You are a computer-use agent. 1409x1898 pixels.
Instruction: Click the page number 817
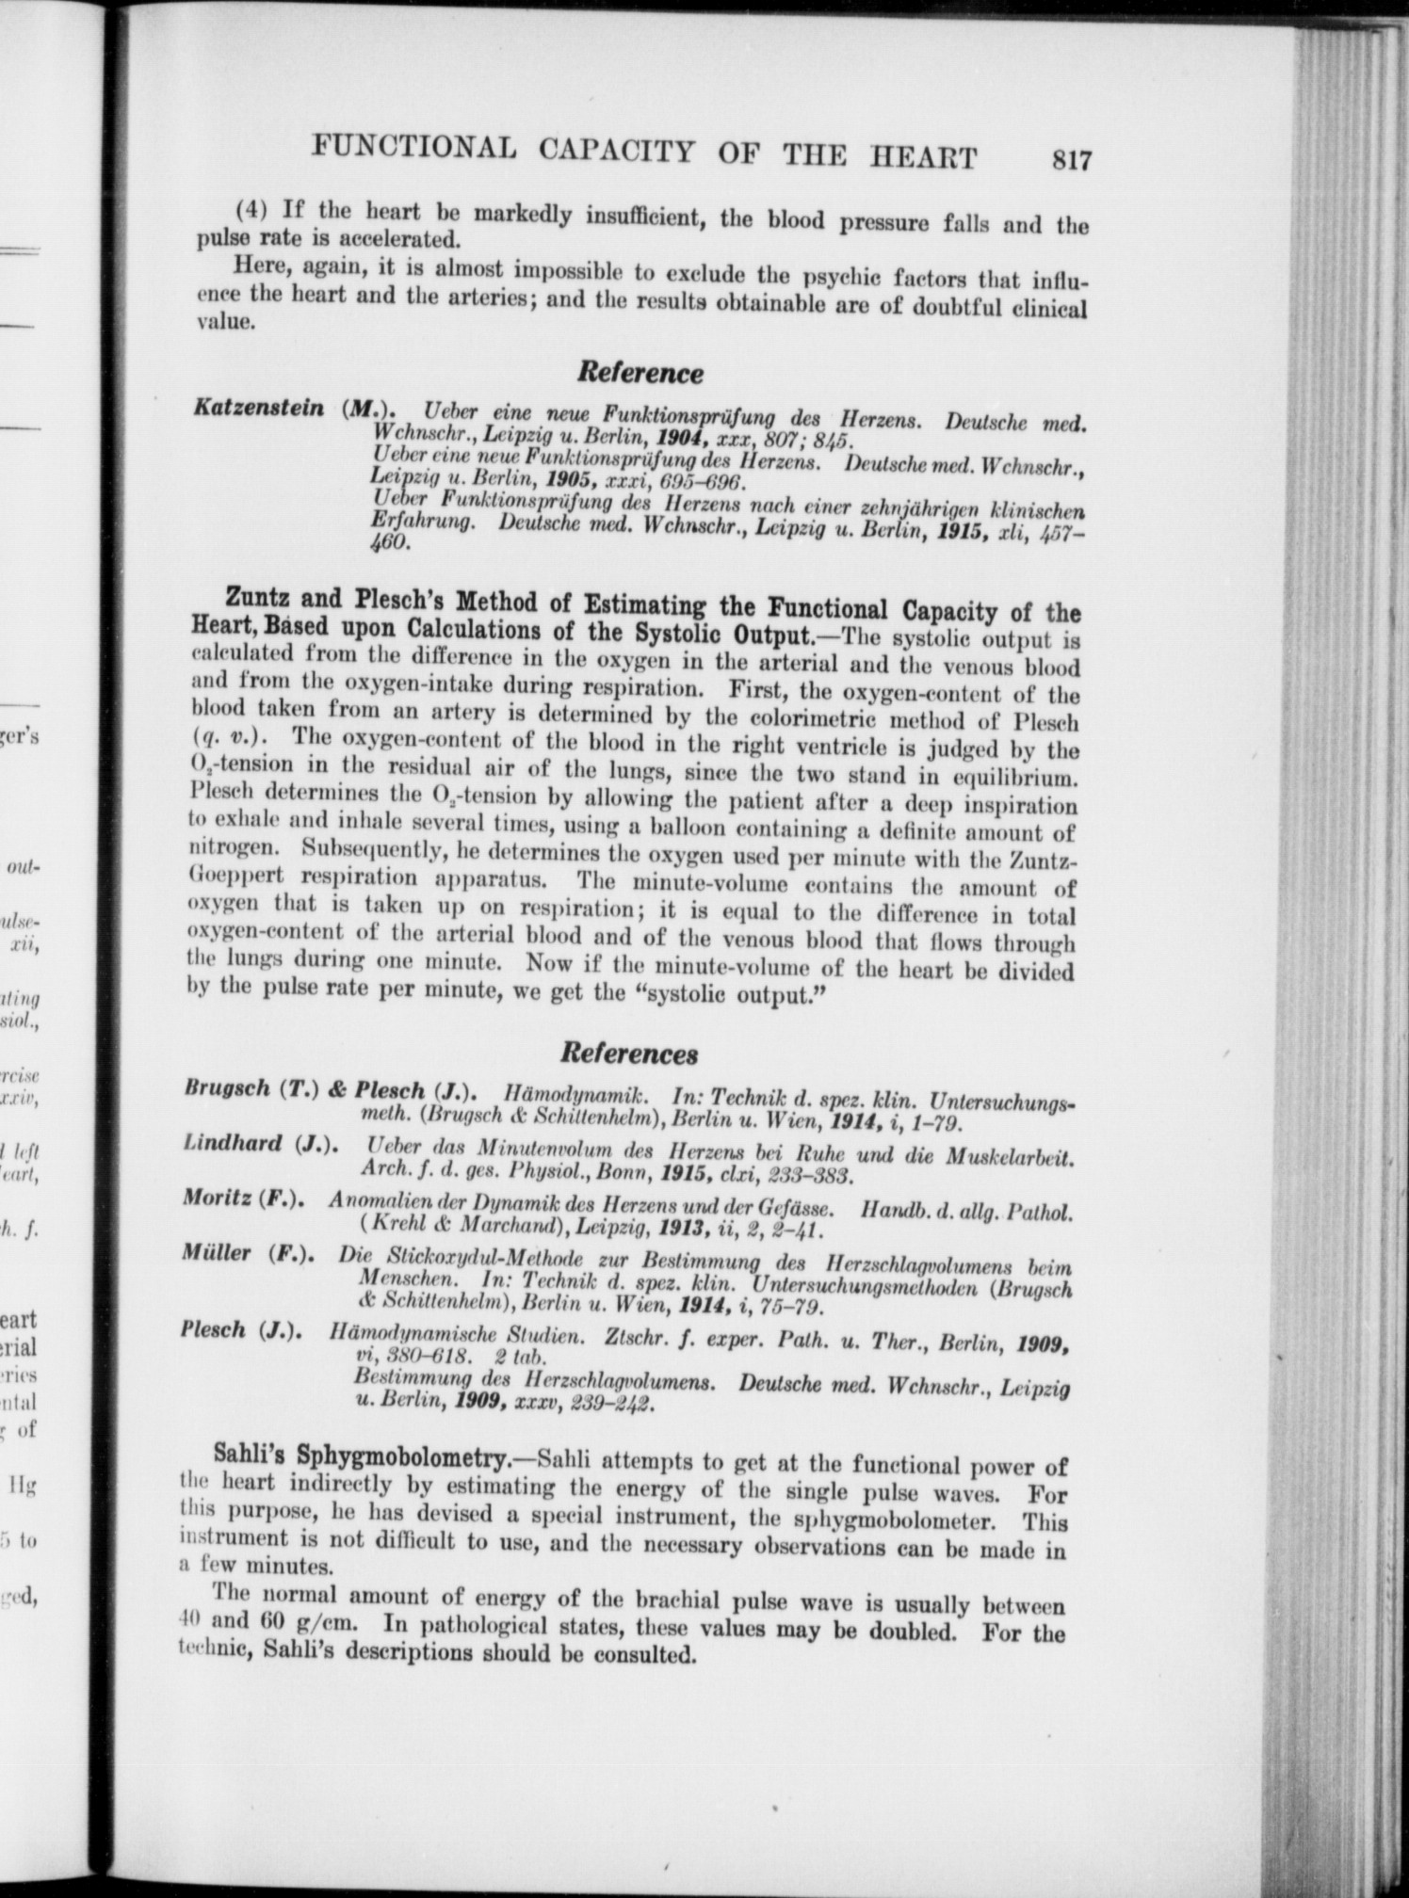(x=1071, y=160)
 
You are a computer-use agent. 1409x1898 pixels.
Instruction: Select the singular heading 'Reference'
(x=640, y=374)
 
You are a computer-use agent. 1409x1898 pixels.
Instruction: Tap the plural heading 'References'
(x=628, y=1054)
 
